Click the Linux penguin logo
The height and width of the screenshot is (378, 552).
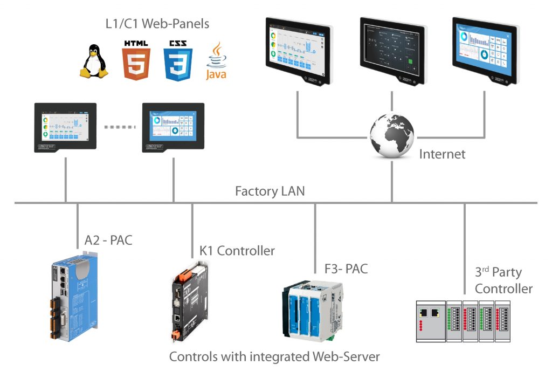pyautogui.click(x=94, y=61)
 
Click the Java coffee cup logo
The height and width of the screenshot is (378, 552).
pyautogui.click(x=216, y=61)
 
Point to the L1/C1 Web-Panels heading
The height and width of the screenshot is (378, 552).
pyautogui.click(x=157, y=24)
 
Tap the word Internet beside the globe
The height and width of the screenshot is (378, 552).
pyautogui.click(x=441, y=154)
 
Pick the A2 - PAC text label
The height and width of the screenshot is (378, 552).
pyautogui.click(x=108, y=240)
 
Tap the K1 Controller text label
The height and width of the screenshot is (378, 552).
pyautogui.click(x=237, y=251)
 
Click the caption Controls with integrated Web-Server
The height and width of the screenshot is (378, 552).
pyautogui.click(x=274, y=356)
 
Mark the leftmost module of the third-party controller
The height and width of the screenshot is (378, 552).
pyautogui.click(x=431, y=321)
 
